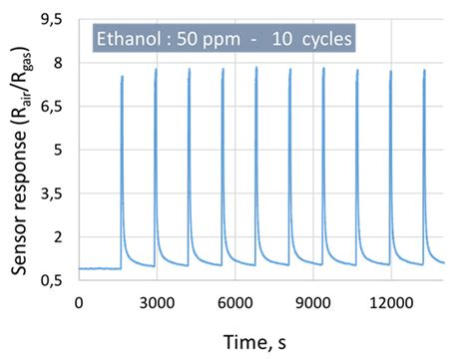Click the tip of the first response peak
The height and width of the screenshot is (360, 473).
[x=122, y=76]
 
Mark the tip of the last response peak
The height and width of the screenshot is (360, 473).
[x=424, y=70]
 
